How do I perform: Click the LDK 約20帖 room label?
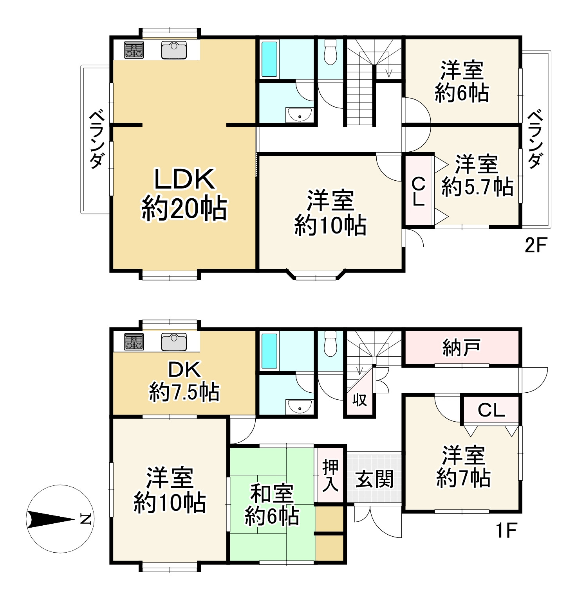point(184,194)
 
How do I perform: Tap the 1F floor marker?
point(506,531)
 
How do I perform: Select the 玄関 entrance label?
point(374,479)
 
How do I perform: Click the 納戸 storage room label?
point(461,347)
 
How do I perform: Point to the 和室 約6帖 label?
point(272,505)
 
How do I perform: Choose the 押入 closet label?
point(330,476)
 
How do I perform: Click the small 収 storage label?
point(359,400)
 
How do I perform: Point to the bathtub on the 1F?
point(269,350)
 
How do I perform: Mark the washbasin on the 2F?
point(300,115)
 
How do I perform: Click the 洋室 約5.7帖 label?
point(477,175)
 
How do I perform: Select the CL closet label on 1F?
point(491,410)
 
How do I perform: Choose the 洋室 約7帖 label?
point(463,467)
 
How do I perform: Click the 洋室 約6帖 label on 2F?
point(462,81)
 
